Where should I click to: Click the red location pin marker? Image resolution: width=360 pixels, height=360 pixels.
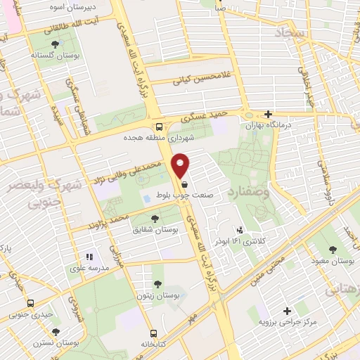(181, 165)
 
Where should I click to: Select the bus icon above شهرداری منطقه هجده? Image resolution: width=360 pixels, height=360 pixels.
(160, 127)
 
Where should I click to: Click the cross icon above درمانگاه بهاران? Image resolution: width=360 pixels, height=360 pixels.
(267, 113)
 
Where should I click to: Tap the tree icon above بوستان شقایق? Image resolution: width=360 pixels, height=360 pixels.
(146, 217)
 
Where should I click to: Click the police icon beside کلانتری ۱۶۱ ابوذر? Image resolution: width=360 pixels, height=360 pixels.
(240, 229)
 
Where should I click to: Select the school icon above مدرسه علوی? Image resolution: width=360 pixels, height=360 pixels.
(89, 257)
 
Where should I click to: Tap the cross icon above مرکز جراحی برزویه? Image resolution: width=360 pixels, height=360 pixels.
(287, 311)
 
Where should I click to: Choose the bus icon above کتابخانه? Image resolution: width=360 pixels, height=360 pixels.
(153, 335)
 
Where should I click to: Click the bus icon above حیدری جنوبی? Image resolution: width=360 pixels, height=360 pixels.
(30, 302)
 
